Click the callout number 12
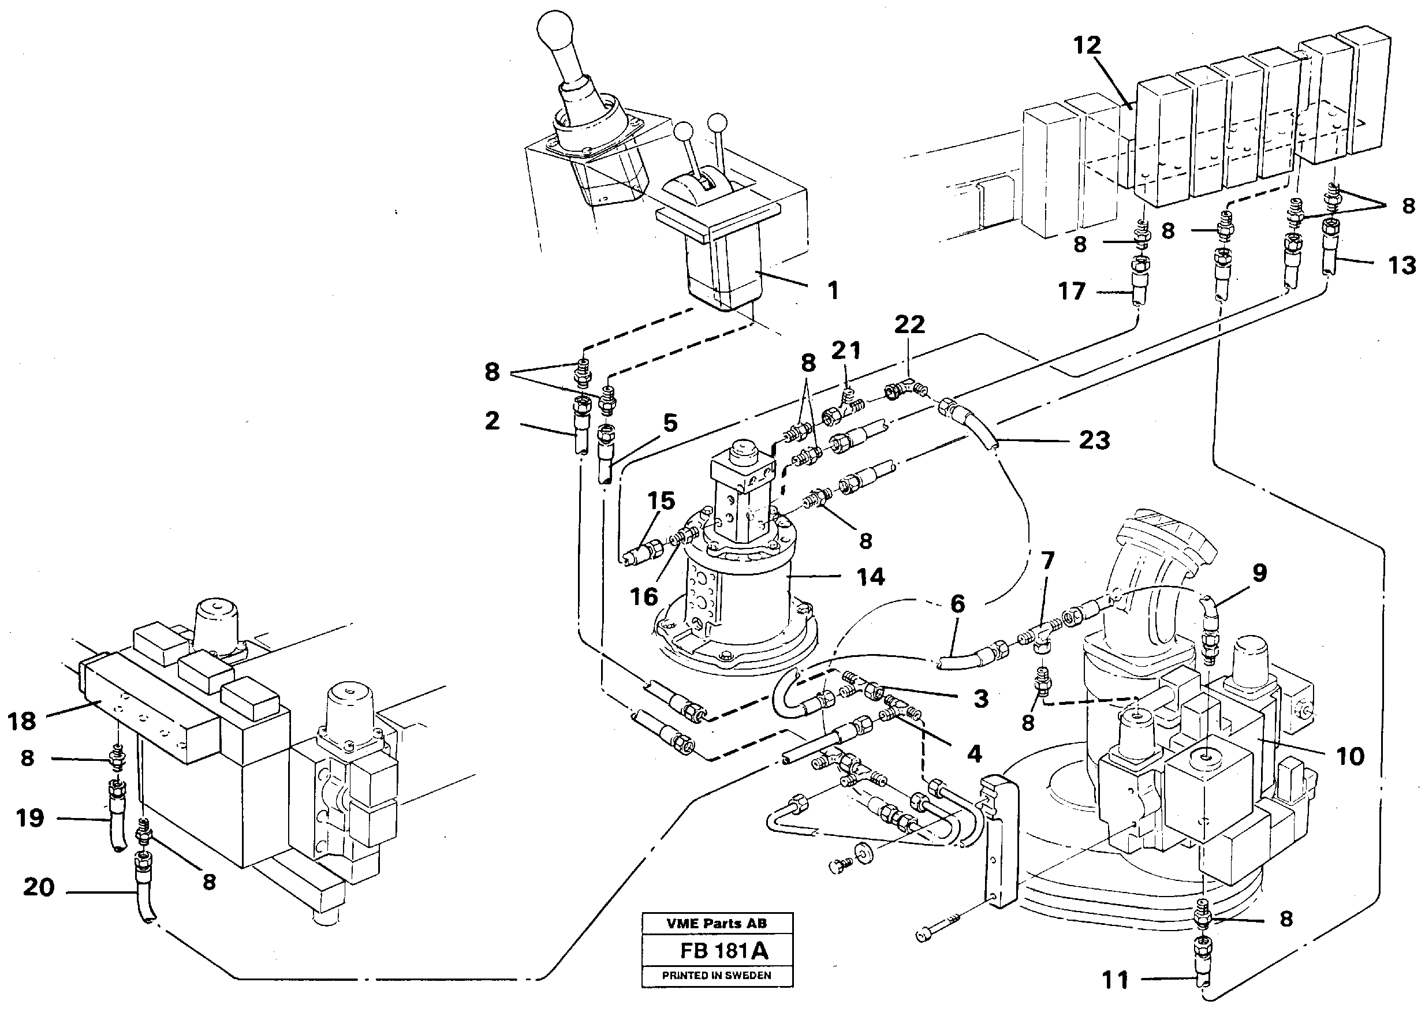(1087, 45)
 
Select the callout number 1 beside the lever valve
(833, 291)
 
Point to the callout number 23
(1094, 440)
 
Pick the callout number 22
(910, 324)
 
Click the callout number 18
(22, 721)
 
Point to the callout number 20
(39, 887)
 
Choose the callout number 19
(30, 817)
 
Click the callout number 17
(1072, 291)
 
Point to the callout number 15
(661, 501)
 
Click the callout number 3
(981, 699)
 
